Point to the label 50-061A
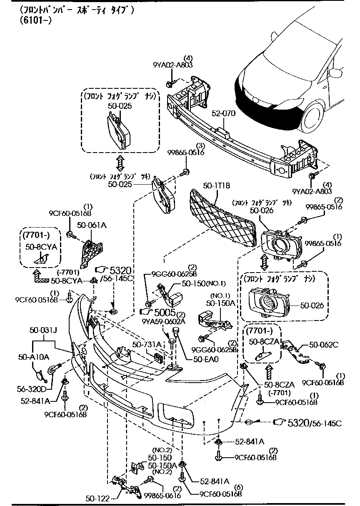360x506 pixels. pos(92,225)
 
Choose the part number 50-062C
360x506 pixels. pos(323,345)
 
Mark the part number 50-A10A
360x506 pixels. pos(33,357)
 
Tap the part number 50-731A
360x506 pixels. pos(147,344)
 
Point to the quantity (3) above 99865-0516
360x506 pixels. pos(200,145)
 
